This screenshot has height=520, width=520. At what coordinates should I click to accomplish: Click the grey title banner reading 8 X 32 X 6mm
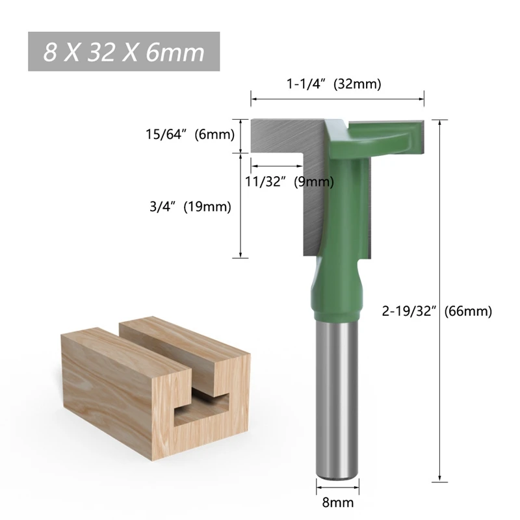(123, 51)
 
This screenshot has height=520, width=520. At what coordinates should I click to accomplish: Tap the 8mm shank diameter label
(337, 502)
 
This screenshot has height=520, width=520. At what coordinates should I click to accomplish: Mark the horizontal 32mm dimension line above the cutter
(337, 99)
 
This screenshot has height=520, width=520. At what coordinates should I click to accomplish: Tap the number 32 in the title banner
(104, 51)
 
